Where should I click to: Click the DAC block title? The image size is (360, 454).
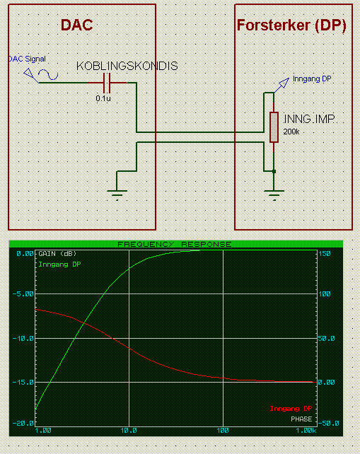[77, 25]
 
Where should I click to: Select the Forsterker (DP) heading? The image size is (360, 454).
[291, 25]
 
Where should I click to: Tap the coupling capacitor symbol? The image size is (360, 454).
[107, 83]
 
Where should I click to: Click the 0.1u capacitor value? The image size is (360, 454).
[103, 98]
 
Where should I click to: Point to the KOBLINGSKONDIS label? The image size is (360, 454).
[127, 66]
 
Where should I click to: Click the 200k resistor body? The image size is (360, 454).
[274, 127]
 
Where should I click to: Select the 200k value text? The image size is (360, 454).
[291, 132]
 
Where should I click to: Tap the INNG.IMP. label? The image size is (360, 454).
[309, 119]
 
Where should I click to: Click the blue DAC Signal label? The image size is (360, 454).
[27, 59]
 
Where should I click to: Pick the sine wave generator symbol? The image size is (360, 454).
[48, 75]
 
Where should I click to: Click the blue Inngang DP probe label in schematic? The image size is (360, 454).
[312, 79]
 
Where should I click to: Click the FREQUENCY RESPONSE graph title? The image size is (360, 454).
[175, 245]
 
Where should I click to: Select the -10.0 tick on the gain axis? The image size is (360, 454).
[23, 339]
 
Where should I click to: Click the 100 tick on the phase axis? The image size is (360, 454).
[325, 294]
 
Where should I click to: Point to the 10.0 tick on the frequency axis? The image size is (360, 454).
[129, 431]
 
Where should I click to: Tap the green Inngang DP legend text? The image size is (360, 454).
[59, 264]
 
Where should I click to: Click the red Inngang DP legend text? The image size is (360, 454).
[291, 409]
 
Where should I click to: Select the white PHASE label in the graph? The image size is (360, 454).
[301, 419]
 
